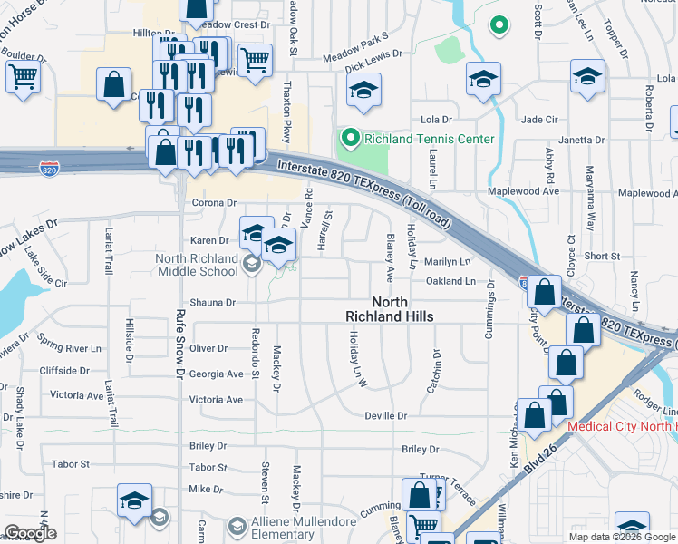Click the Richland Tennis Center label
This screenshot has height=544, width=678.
coord(430,139)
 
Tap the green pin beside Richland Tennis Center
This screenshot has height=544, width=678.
coord(351,139)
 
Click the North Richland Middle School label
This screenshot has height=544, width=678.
coord(197,264)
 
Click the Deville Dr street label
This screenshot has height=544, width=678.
coord(386,415)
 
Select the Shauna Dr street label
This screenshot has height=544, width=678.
coord(212,303)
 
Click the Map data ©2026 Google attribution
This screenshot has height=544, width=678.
coord(623,537)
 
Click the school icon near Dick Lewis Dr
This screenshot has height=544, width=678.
coord(363,90)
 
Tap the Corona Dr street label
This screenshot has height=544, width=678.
coord(213,203)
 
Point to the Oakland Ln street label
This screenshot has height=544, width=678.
coord(450,282)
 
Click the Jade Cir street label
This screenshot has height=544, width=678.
coord(538,120)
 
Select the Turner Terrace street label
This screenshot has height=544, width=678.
coord(449,480)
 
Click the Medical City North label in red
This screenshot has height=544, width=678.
coord(622,427)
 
